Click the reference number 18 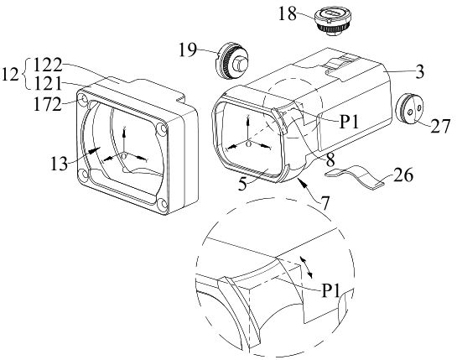click(x=288, y=14)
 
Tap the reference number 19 click(x=188, y=50)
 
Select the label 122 click(x=48, y=65)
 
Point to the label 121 click(x=48, y=84)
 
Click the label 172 click(x=48, y=104)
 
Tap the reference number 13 click(x=60, y=164)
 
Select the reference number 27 click(x=440, y=126)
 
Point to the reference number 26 click(x=403, y=175)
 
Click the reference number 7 click(x=325, y=203)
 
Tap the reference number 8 click(x=330, y=159)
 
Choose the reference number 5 click(x=242, y=184)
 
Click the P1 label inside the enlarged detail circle click(x=330, y=290)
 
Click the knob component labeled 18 click(x=334, y=21)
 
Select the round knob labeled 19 click(x=233, y=61)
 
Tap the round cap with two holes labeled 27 click(x=409, y=109)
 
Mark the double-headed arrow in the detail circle click(x=306, y=267)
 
